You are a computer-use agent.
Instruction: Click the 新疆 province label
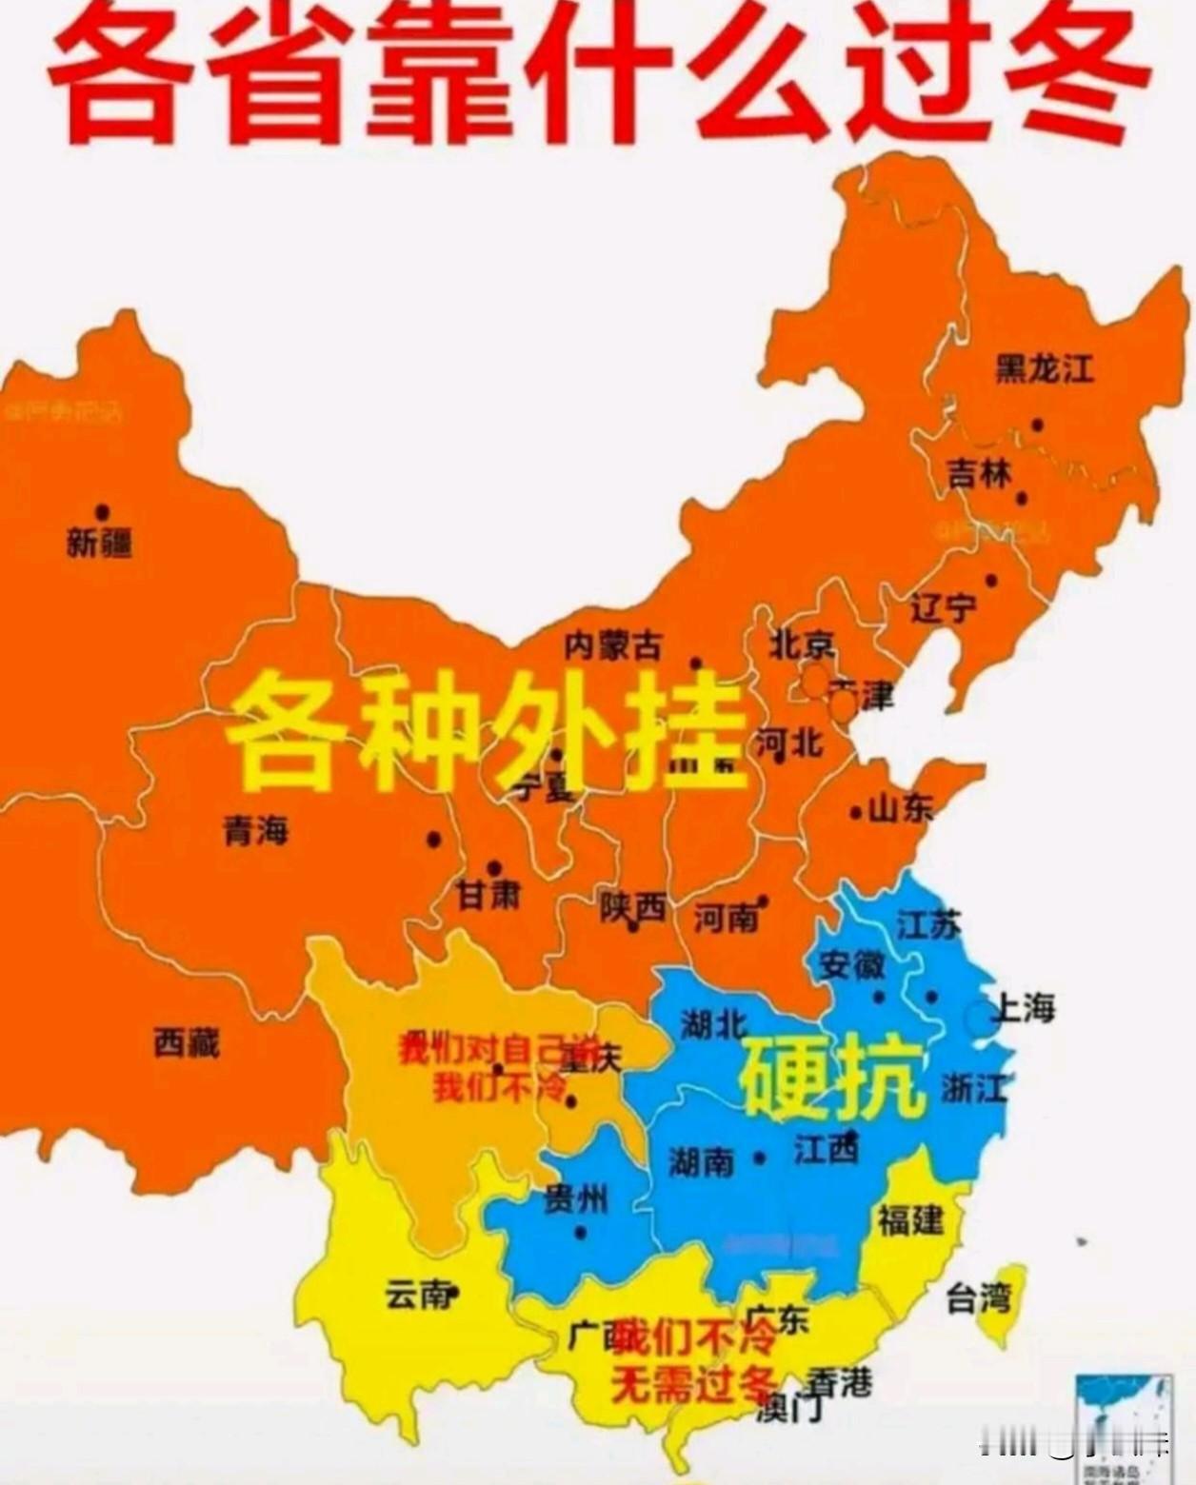pos(99,544)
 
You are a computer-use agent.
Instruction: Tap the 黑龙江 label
pos(1045,368)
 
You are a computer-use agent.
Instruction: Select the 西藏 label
pos(187,1043)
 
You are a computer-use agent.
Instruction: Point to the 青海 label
pos(255,831)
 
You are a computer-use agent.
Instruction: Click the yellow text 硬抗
pos(831,1079)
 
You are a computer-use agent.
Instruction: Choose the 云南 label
pos(416,1295)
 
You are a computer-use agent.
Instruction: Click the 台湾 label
pos(978,1297)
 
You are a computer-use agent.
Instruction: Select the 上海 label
pos(1024,1007)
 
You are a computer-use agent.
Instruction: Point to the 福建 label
pos(910,1218)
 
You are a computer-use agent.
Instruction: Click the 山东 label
pos(901,809)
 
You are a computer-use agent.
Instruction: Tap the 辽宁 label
pos(944,607)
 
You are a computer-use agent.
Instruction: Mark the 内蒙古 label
pos(612,646)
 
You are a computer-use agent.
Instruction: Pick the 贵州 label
pos(575,1201)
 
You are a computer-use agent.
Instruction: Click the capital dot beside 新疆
pos(102,512)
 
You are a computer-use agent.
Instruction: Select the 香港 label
pos(839,1380)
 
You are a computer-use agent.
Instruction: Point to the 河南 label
pos(727,918)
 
